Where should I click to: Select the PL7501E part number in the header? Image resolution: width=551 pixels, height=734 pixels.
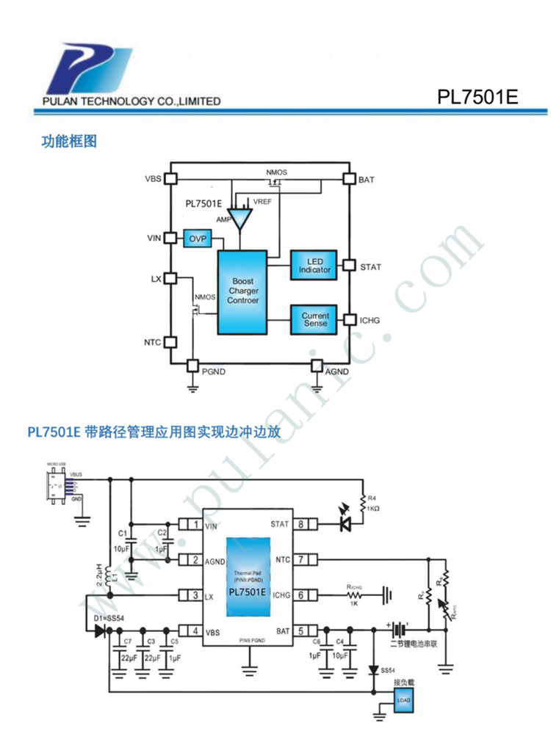click(478, 98)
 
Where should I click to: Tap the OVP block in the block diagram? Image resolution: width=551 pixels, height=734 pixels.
click(196, 239)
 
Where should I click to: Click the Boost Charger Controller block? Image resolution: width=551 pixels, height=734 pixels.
click(242, 291)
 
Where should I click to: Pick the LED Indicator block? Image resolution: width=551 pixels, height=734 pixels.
click(314, 266)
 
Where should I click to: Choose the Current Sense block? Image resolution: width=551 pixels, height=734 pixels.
click(314, 319)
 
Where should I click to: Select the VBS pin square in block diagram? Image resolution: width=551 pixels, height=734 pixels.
click(170, 178)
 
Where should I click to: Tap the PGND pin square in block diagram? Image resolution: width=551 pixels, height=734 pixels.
click(193, 365)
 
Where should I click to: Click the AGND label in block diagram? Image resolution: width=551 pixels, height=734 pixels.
click(337, 372)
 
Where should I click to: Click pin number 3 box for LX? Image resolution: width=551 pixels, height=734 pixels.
click(194, 595)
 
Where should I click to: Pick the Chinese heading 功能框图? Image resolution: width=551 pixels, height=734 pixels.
click(69, 141)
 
